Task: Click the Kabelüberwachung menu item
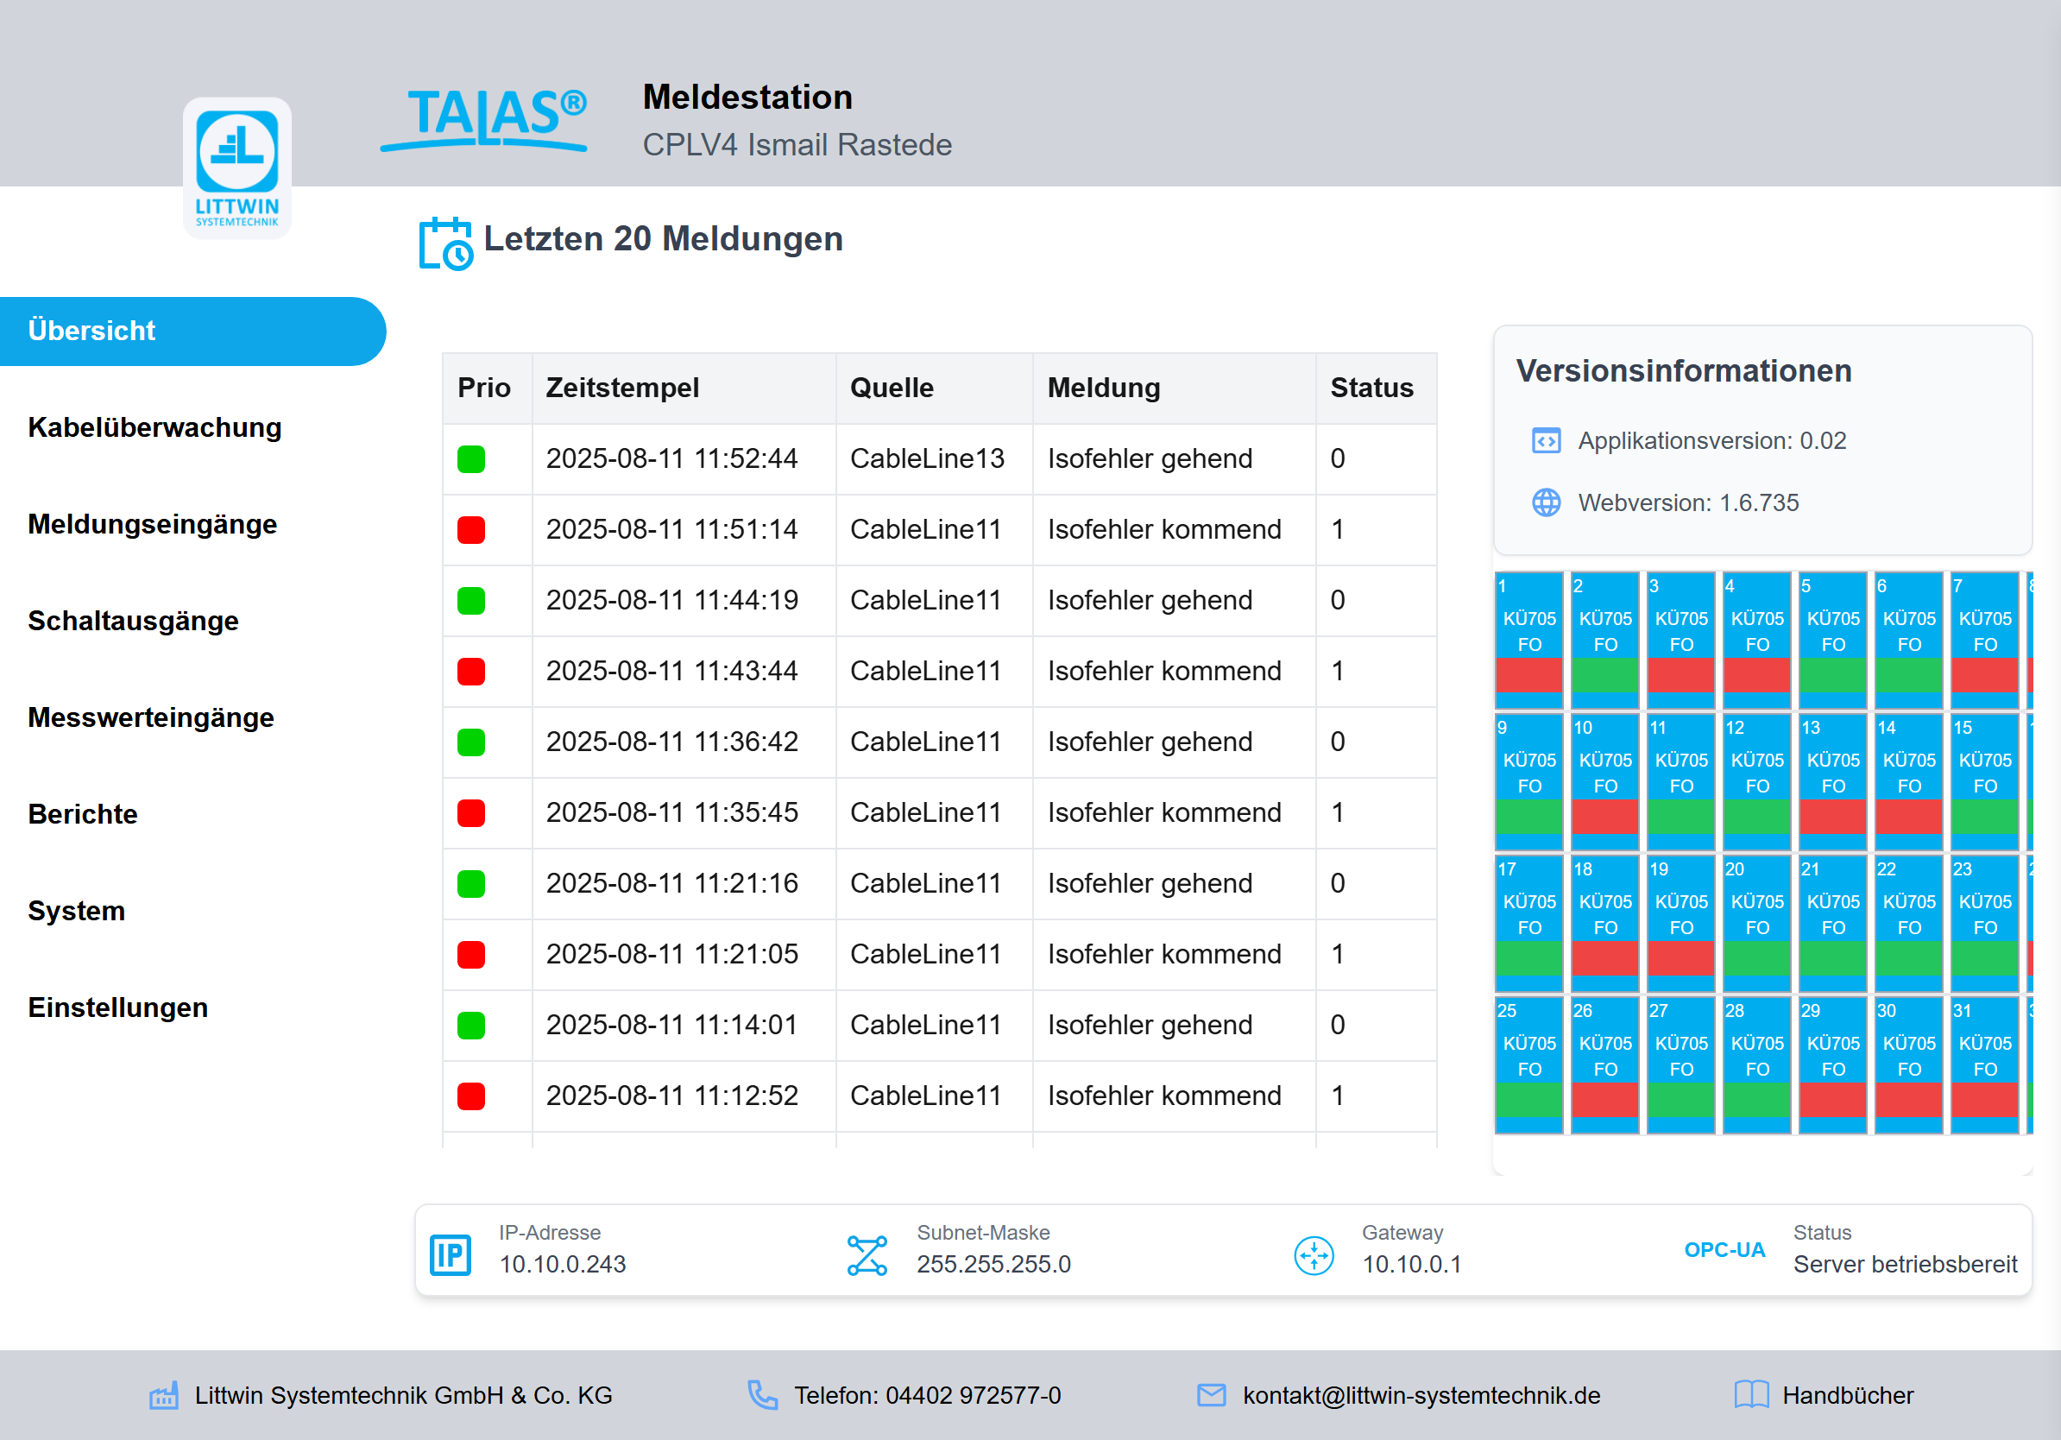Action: pyautogui.click(x=154, y=427)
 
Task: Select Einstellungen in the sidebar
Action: pyautogui.click(x=117, y=1007)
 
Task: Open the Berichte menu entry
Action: pyautogui.click(x=83, y=814)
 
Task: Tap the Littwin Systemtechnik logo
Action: pyautogui.click(x=237, y=167)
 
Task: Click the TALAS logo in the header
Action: pyautogui.click(x=485, y=119)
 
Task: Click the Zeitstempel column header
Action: pyautogui.click(x=622, y=388)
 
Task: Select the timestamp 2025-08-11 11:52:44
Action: pyautogui.click(x=671, y=458)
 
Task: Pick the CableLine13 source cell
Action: pyautogui.click(x=926, y=458)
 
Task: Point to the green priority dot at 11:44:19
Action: pyautogui.click(x=471, y=601)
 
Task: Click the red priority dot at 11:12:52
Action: pyautogui.click(x=471, y=1096)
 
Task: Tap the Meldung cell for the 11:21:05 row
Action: pyautogui.click(x=1164, y=954)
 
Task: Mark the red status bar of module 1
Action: pyautogui.click(x=1528, y=675)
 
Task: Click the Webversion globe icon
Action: pyautogui.click(x=1546, y=502)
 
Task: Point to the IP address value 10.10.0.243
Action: pyautogui.click(x=563, y=1264)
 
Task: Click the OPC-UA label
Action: pyautogui.click(x=1724, y=1250)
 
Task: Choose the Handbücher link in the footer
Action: pyautogui.click(x=1847, y=1395)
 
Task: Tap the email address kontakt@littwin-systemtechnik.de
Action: pyautogui.click(x=1421, y=1395)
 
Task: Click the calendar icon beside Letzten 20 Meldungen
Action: pyautogui.click(x=446, y=243)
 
